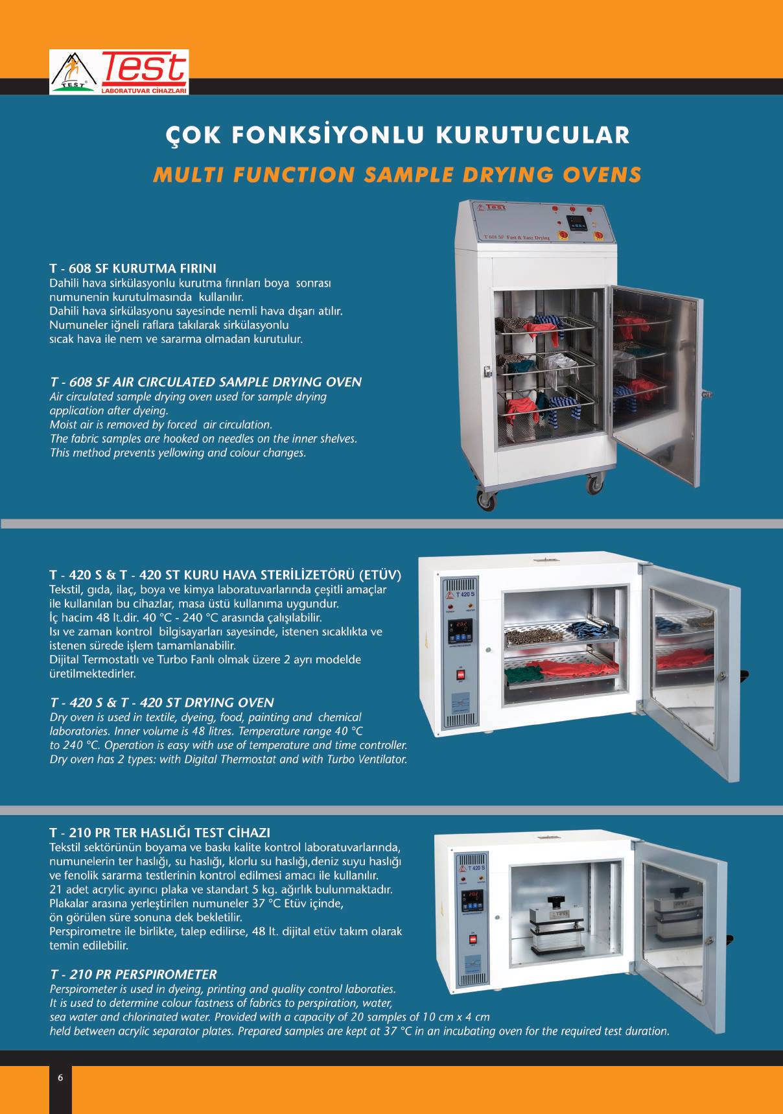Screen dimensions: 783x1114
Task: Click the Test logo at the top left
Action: pyautogui.click(x=119, y=72)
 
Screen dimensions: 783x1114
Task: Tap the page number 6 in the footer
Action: pyautogui.click(x=60, y=1078)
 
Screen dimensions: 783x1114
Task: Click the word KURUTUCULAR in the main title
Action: pyautogui.click(x=533, y=135)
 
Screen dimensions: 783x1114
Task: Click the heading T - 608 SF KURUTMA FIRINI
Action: pyautogui.click(x=133, y=268)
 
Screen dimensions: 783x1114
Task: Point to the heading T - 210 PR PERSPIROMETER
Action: pyautogui.click(x=133, y=974)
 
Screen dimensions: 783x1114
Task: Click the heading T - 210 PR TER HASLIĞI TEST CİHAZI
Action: pyautogui.click(x=160, y=832)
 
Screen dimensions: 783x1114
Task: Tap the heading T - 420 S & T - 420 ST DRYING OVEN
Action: pyautogui.click(x=162, y=702)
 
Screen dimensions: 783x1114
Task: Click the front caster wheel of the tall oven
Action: pyautogui.click(x=485, y=500)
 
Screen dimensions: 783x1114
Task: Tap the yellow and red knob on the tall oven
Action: pyautogui.click(x=599, y=235)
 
